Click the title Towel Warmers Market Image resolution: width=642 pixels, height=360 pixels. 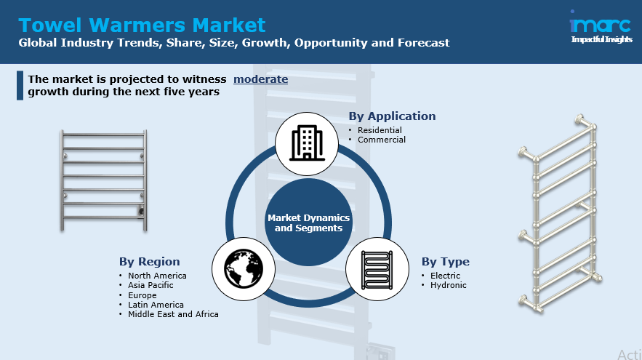(x=142, y=25)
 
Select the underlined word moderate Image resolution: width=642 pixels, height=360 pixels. (x=260, y=79)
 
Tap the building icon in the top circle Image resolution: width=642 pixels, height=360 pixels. (x=306, y=143)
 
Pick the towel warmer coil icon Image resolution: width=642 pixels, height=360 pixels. (x=377, y=268)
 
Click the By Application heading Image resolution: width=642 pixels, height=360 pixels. (x=392, y=116)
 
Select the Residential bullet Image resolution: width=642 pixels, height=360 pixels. (x=380, y=130)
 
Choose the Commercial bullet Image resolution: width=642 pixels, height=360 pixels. (x=382, y=140)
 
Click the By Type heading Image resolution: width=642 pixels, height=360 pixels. (x=445, y=262)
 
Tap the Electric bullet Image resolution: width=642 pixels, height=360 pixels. (x=445, y=276)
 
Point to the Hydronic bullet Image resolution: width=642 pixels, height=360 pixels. (x=448, y=285)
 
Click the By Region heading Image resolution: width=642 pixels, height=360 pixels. (x=149, y=262)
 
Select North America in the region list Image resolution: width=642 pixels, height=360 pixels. (x=157, y=276)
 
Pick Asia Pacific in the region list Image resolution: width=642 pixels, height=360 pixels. (x=151, y=286)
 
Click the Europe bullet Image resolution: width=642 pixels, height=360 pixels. (x=143, y=295)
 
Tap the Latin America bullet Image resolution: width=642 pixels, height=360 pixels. (x=156, y=305)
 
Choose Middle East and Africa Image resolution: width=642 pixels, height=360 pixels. (x=173, y=314)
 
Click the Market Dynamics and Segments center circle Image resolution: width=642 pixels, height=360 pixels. (x=308, y=223)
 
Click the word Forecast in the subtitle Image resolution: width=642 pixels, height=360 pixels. (x=423, y=43)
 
